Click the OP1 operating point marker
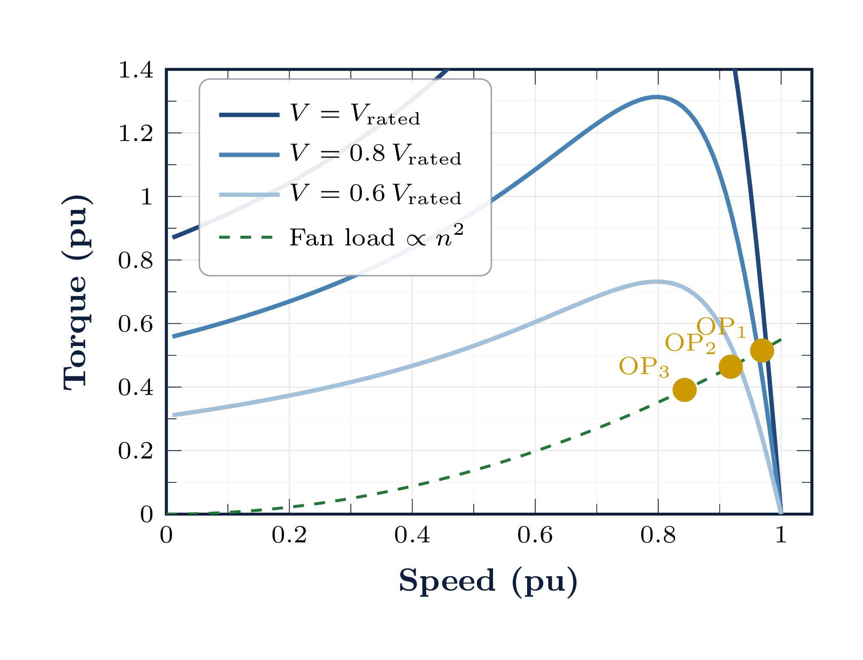pos(761,351)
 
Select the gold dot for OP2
pos(731,367)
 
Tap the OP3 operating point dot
pos(684,389)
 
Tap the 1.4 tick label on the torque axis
pos(135,70)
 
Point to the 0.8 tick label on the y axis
pos(135,260)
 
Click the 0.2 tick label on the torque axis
pos(135,451)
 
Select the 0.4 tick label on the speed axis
pos(412,536)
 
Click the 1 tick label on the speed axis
pos(781,536)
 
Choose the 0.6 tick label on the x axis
pos(535,536)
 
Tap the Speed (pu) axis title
pos(488,581)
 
